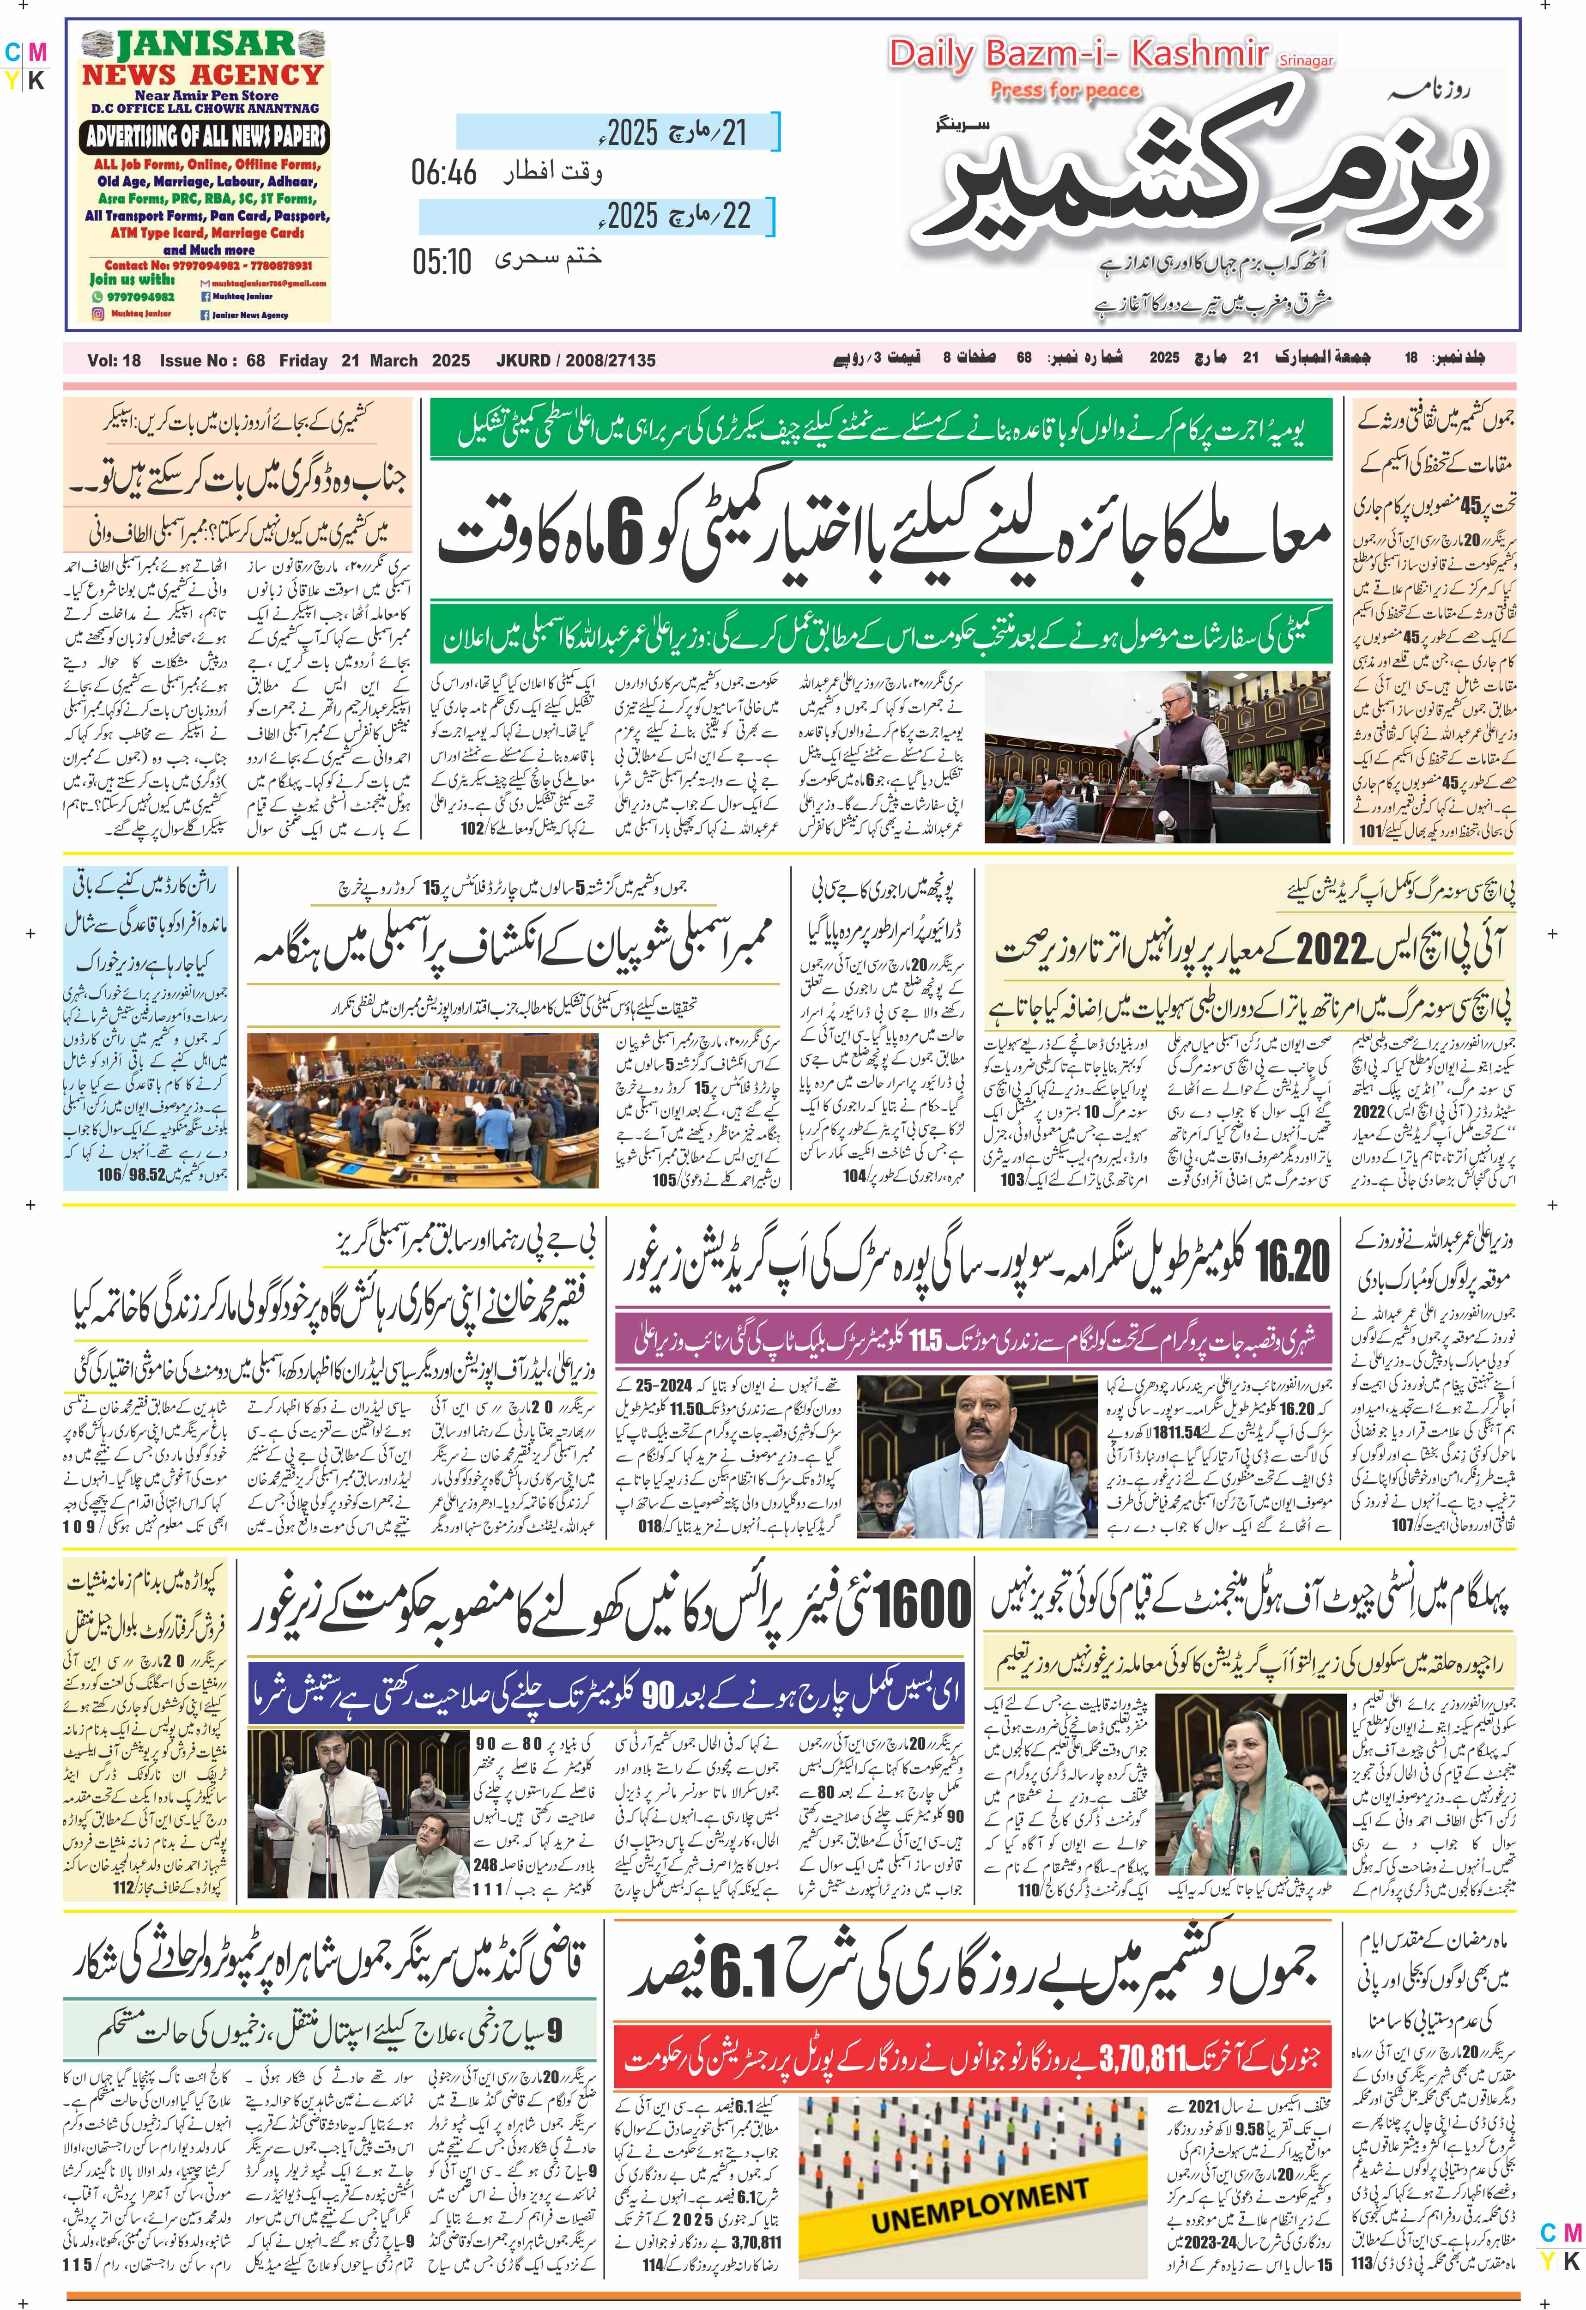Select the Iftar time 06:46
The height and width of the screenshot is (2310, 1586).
[x=444, y=173]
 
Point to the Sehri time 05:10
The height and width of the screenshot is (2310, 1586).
[x=442, y=261]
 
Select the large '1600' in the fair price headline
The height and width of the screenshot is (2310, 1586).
[x=916, y=1606]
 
